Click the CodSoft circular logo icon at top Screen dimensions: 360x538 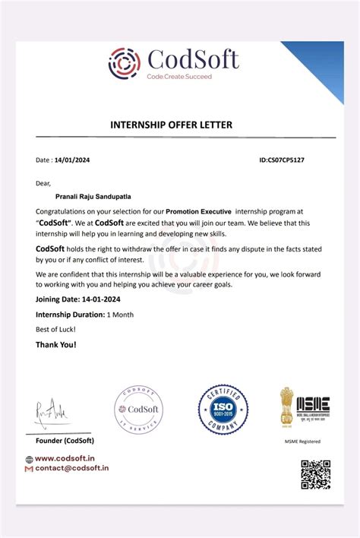click(124, 63)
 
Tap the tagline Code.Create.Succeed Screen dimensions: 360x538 click(179, 77)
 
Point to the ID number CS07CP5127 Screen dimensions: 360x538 click(282, 161)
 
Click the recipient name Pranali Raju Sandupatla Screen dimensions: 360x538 click(89, 196)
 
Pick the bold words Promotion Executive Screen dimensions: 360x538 click(199, 211)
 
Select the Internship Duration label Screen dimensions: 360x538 click(70, 313)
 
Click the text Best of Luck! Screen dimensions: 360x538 click(55, 328)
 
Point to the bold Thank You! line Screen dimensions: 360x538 click(56, 345)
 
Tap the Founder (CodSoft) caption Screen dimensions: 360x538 click(65, 441)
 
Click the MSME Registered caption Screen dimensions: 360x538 click(302, 441)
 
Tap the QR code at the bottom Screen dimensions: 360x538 click(315, 474)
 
